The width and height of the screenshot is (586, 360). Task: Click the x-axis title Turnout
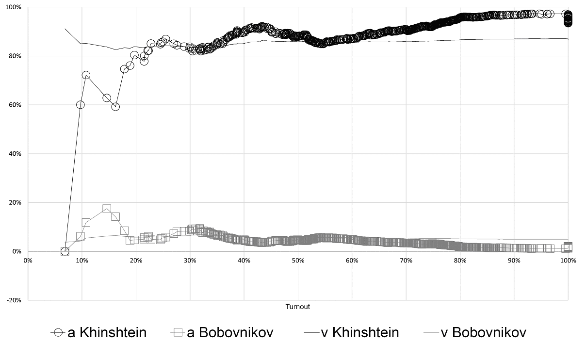298,307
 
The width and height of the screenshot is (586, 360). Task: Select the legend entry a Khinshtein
98,332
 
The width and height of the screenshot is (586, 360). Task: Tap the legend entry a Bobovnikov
223,332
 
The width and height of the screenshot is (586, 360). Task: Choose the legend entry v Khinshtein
352,332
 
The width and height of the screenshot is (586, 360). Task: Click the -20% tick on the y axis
13,300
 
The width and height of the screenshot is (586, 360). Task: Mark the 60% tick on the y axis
14,105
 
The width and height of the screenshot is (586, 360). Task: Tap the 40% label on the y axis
14,154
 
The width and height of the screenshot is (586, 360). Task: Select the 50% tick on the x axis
298,260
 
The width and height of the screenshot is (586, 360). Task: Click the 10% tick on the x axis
82,260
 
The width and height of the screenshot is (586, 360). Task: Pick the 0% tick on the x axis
28,260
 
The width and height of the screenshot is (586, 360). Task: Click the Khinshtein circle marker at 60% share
81,105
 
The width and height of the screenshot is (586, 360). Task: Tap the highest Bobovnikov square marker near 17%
107,209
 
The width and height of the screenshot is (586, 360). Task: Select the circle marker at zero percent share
65,251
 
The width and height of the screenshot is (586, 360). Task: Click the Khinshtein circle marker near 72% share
86,75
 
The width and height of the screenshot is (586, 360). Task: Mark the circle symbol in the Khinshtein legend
59,332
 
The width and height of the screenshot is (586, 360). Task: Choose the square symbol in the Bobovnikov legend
178,332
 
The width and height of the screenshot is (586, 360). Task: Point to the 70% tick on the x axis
406,260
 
